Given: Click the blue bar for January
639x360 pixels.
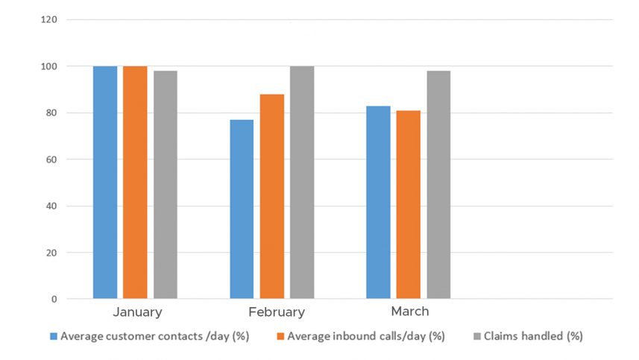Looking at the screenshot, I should coord(105,183).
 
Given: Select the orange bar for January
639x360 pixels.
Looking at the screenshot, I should coord(135,183).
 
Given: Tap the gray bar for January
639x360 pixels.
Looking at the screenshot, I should coord(165,185).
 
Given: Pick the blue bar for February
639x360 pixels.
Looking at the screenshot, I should coord(242,209).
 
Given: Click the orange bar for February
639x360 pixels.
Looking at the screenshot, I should coord(271,197).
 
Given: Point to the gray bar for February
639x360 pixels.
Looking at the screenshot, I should coord(301,183).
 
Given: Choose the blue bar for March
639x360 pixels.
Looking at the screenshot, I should coord(378,203).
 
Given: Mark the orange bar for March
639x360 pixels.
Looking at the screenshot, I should coord(408,205).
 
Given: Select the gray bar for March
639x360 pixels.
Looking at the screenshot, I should coord(438,185).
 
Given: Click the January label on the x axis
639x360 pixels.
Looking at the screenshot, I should coord(138,312).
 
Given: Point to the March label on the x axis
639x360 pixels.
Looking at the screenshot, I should coord(409,311).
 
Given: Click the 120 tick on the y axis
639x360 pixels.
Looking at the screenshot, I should coord(50,19).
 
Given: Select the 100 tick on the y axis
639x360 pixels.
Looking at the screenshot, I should coord(50,66).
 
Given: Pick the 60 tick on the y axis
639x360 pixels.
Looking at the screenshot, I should coord(52,160).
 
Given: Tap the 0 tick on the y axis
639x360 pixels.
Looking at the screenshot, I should coord(54,299).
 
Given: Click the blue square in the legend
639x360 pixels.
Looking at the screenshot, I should coord(54,336).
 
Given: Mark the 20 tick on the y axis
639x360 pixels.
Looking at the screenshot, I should coord(52,253).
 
